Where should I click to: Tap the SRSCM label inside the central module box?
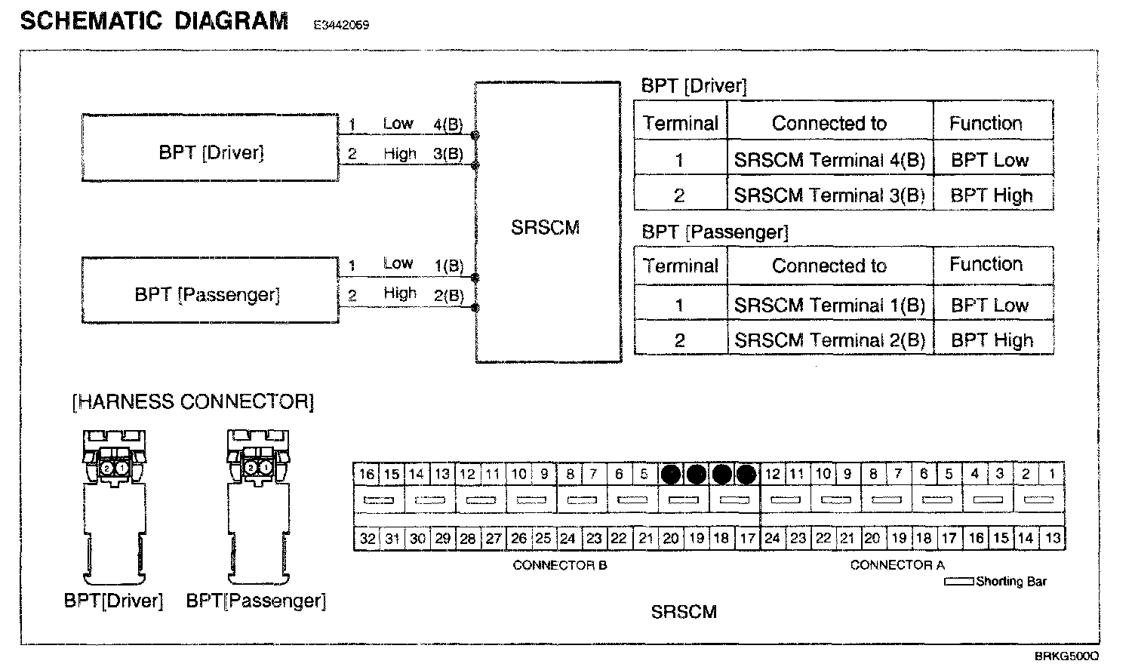click(545, 228)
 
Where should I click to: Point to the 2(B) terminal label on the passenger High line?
click(448, 296)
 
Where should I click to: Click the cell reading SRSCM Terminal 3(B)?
click(829, 195)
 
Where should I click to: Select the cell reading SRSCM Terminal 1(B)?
click(829, 305)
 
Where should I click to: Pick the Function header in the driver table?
click(986, 123)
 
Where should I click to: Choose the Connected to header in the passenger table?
click(829, 266)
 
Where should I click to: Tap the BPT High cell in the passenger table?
click(992, 340)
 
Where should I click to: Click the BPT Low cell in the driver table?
click(989, 160)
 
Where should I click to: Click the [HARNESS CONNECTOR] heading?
click(192, 402)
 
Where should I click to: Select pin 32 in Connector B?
click(367, 539)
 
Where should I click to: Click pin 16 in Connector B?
click(367, 475)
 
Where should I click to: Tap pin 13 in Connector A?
click(1052, 539)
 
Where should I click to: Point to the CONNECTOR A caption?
click(897, 565)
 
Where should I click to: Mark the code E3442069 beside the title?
click(341, 25)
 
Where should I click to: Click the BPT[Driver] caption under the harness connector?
click(113, 601)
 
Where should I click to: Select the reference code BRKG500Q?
click(1066, 657)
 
